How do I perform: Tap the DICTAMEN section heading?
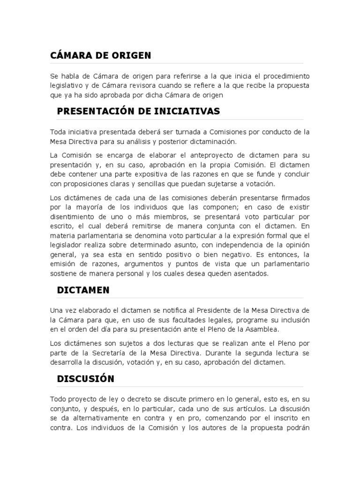[x=83, y=290]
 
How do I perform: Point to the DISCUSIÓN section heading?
[x=85, y=378]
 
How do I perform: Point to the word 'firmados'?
[x=295, y=198]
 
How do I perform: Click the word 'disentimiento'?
[x=75, y=217]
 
